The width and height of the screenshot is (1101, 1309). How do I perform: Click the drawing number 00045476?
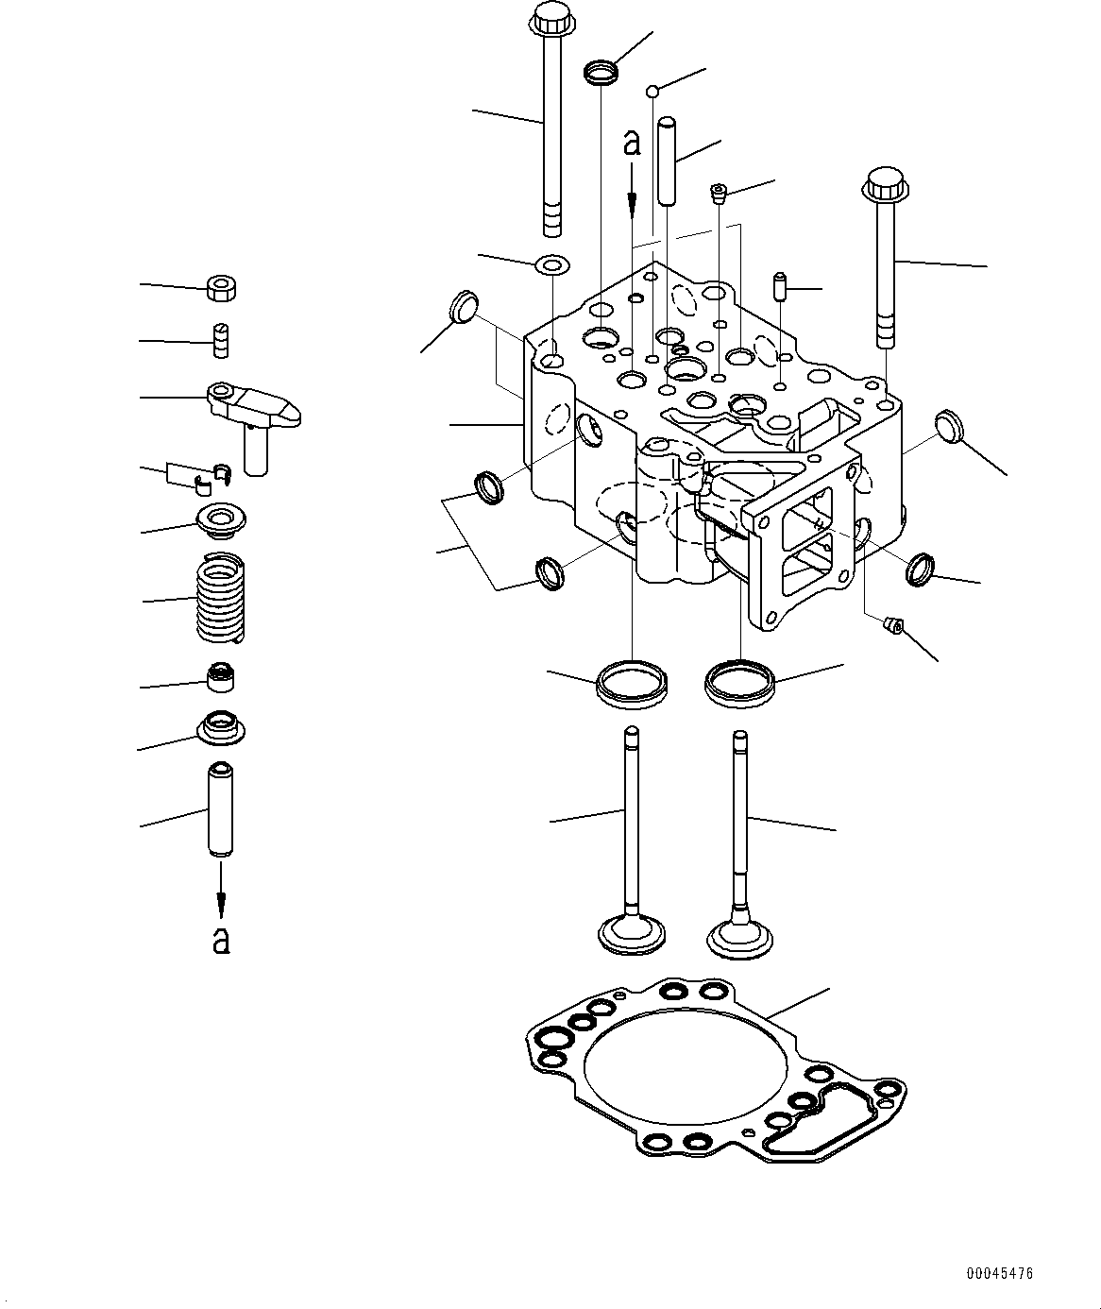tap(999, 1273)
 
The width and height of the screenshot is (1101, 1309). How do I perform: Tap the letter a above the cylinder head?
tap(632, 142)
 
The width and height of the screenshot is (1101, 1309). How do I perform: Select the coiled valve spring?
tap(221, 599)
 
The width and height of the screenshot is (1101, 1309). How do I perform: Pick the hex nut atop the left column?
tap(222, 287)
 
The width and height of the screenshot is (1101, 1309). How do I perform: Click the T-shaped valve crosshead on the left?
tap(251, 412)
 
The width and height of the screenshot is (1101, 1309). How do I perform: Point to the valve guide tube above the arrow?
tap(220, 810)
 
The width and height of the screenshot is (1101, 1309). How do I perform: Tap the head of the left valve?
tap(633, 934)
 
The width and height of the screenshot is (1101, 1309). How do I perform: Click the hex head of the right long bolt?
tap(882, 183)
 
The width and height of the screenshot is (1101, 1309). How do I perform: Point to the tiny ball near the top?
tap(652, 91)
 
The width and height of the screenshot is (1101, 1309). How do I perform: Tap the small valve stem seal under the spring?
tap(221, 677)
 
